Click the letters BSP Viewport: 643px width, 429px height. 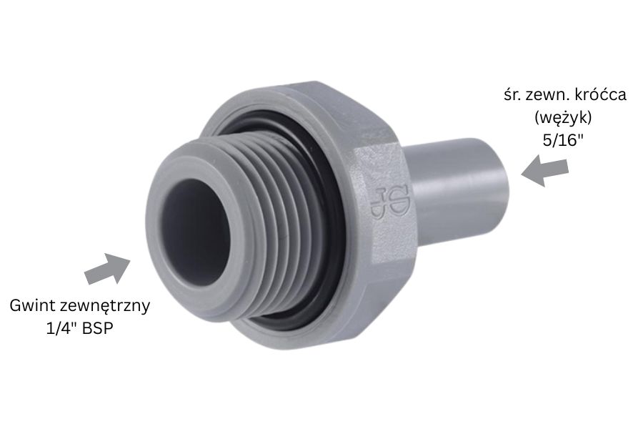tap(97, 329)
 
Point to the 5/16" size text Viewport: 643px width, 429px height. tap(563, 140)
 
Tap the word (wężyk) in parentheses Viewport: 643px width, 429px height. tap(563, 118)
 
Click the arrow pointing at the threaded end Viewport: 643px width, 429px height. tap(107, 269)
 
